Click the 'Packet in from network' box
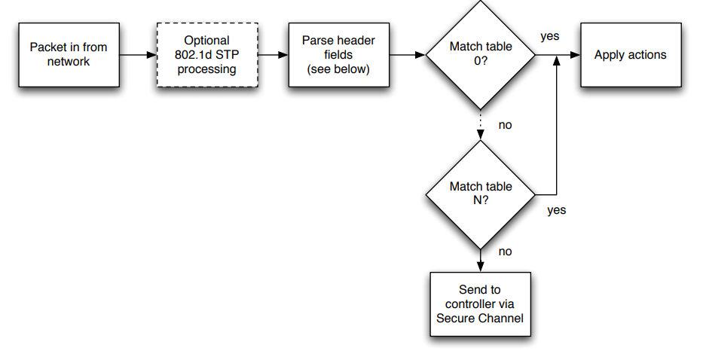click(x=69, y=55)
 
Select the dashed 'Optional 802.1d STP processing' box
click(x=207, y=55)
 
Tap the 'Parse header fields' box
click(x=339, y=55)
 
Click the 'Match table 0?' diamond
click(x=481, y=54)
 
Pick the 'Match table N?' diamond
click(x=481, y=195)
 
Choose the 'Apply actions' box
click(x=631, y=55)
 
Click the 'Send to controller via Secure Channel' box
click(x=481, y=304)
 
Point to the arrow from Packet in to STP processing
click(x=138, y=55)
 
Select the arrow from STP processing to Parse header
click(x=274, y=55)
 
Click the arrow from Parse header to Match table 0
click(x=408, y=55)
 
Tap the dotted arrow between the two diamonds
click(x=481, y=125)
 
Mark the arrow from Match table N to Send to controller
click(x=481, y=261)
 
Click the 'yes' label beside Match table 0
click(x=550, y=36)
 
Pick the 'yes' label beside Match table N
click(x=557, y=210)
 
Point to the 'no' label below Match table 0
click(x=505, y=125)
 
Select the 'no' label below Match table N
click(x=505, y=252)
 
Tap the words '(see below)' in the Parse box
click(x=338, y=69)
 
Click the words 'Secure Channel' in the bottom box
click(x=480, y=319)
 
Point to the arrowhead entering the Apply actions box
click(x=575, y=55)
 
